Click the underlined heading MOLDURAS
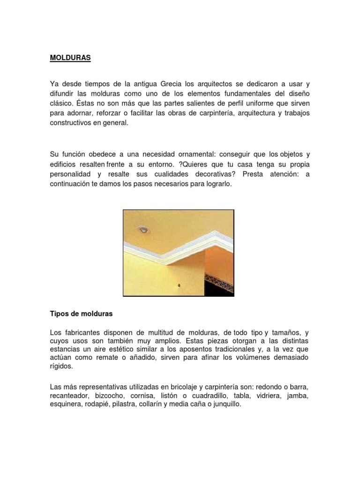[x=70, y=59]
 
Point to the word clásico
[x=62, y=102]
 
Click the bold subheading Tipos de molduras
[x=81, y=313]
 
